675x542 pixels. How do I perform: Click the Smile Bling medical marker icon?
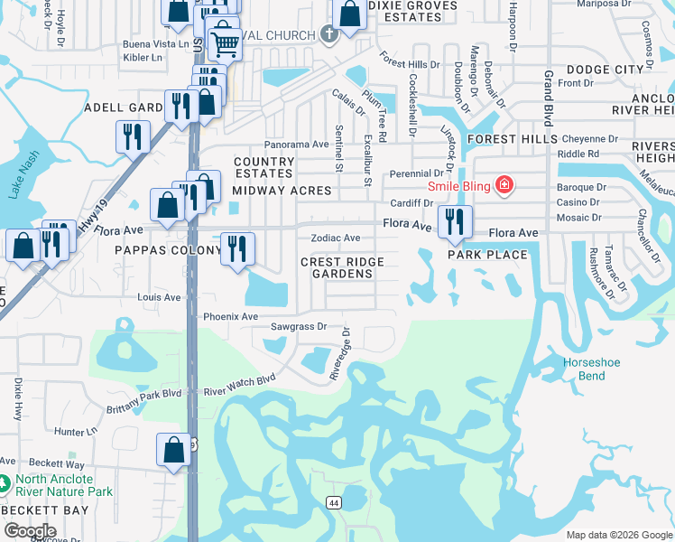tap(504, 187)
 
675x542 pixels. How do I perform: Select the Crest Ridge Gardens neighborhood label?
tap(342, 268)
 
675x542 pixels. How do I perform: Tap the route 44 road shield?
tap(334, 502)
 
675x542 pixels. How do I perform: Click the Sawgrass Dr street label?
tap(300, 326)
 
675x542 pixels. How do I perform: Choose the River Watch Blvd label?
tap(239, 387)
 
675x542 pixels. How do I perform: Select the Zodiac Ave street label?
tap(336, 238)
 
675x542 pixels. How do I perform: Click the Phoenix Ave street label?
tap(231, 317)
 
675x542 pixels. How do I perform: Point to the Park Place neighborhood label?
tap(487, 255)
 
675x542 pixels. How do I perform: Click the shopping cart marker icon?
tap(225, 42)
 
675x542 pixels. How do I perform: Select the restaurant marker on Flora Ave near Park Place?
tap(455, 220)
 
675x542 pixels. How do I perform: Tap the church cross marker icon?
tap(329, 35)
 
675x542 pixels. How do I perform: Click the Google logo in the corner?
tap(30, 531)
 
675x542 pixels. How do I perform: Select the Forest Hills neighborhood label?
tap(511, 139)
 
